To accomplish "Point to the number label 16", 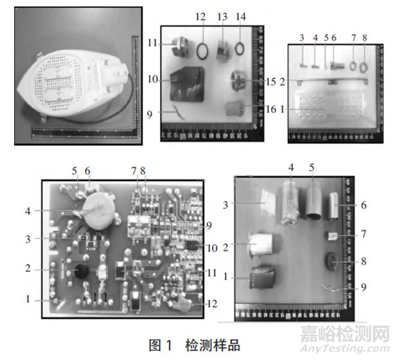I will (x=270, y=109).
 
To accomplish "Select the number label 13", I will (x=222, y=15).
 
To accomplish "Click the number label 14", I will (x=241, y=15).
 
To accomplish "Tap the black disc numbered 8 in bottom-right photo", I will (x=332, y=262).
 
